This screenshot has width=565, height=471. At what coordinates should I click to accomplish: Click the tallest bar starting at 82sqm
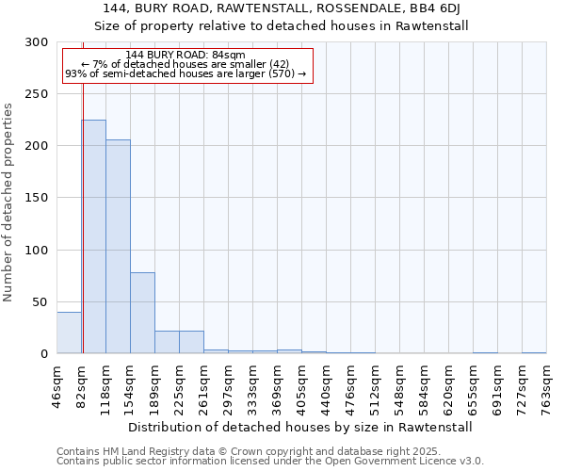point(93,236)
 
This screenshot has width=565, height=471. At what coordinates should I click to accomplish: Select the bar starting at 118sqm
point(118,247)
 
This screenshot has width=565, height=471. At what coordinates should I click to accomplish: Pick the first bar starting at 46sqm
point(69,333)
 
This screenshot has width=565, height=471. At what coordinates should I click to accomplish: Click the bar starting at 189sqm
point(167,342)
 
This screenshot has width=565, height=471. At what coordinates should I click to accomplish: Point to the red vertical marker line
point(83,198)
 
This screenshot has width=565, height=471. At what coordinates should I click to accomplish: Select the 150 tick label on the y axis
point(37,199)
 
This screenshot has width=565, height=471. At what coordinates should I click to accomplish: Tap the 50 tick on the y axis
point(40,302)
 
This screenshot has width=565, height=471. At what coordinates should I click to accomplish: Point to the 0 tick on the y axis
point(44,354)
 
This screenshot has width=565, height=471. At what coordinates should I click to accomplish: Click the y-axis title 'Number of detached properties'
point(8,202)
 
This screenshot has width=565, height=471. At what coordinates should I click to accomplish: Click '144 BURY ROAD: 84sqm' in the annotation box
point(185,55)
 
